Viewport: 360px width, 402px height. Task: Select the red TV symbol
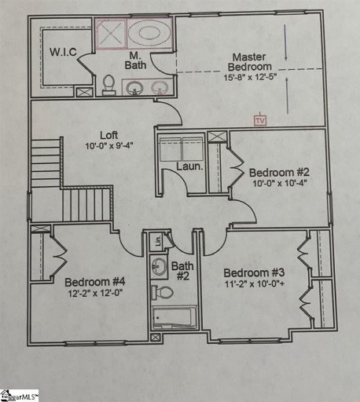tap(259, 121)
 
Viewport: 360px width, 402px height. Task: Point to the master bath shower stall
tap(110, 34)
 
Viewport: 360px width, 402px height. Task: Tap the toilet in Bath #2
tap(164, 293)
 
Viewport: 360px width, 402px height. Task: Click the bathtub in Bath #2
tap(173, 320)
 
